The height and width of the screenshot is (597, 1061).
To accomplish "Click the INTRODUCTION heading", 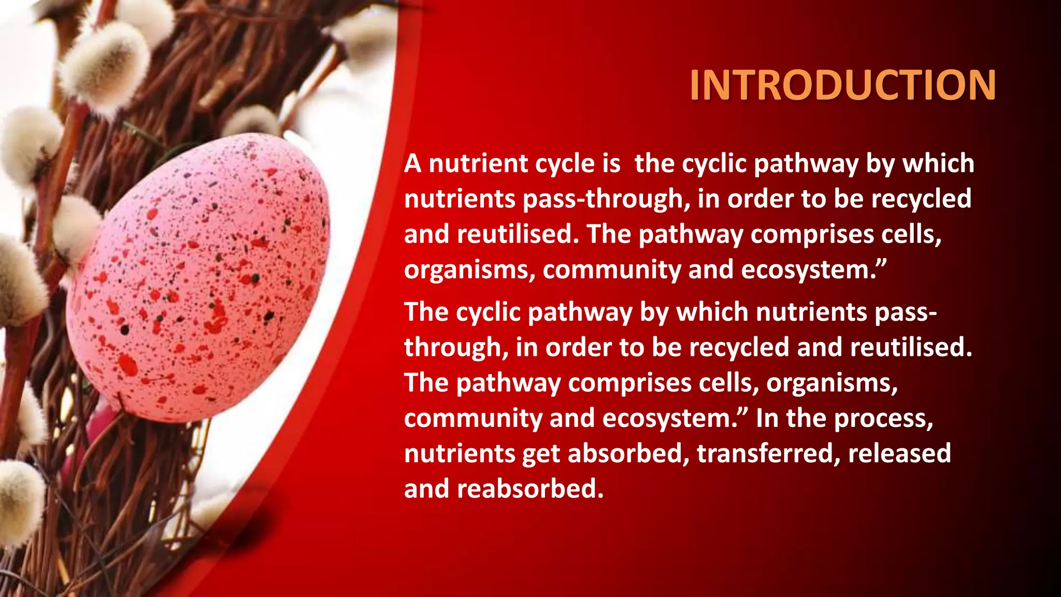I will pos(842,86).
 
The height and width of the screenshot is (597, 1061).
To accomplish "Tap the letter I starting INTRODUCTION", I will pos(695,86).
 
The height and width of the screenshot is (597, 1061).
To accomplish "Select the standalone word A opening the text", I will pos(412,164).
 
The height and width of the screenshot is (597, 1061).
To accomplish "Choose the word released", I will pos(899,453).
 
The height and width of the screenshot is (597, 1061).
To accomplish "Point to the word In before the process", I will pos(767,418).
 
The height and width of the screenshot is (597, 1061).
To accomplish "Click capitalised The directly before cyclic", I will pos(426,312).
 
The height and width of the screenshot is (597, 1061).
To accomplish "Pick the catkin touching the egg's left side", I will pos(78,228).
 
